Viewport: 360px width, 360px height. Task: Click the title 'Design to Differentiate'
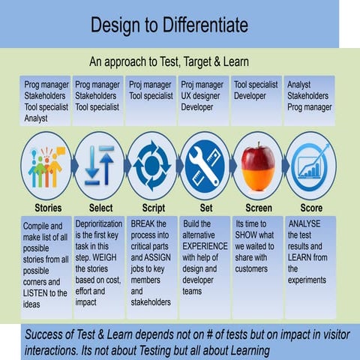169,25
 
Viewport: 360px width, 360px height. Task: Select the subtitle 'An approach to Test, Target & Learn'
169,61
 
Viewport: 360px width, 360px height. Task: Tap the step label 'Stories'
48,208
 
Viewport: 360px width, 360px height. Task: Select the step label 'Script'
153,208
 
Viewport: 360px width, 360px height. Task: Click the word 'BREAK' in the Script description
144,223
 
